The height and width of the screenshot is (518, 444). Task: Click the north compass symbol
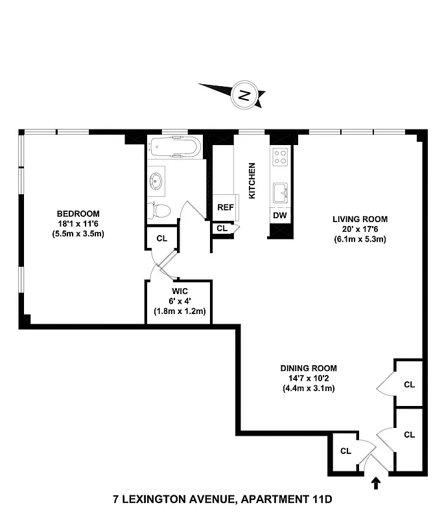pos(243,95)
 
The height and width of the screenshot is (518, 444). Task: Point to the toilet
pos(160,210)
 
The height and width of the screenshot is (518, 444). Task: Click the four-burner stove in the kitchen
pos(280,156)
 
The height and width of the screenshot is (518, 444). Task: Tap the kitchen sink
pos(280,192)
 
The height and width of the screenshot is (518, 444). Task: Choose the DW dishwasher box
pos(280,216)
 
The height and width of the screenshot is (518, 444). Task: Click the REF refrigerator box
pos(225,208)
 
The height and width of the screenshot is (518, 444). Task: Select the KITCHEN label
pos(252,180)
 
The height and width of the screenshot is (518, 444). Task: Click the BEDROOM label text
pos(78,214)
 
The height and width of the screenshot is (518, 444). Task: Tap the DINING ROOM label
pos(309,368)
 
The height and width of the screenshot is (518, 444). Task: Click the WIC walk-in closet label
pos(180,291)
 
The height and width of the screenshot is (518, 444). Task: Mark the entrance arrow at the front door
pos(376,482)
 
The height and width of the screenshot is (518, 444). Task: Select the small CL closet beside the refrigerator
pos(222,229)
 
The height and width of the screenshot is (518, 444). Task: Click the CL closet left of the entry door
pos(345,451)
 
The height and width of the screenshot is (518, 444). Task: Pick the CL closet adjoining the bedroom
pos(161,238)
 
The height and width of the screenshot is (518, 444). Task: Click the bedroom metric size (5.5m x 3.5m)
pos(78,234)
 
